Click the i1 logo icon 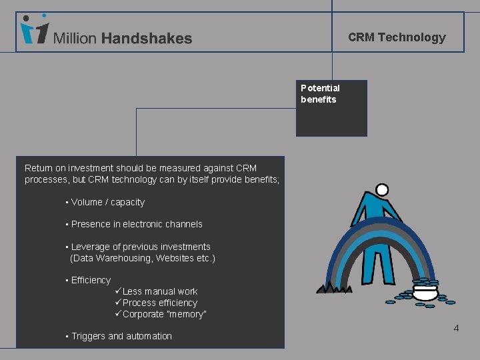tap(35, 30)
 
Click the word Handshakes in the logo tap(147, 39)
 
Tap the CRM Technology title tap(397, 37)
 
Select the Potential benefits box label tap(320, 94)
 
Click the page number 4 tap(456, 328)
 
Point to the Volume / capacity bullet tap(107, 202)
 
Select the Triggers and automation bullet tap(121, 336)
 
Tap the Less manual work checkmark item tap(159, 291)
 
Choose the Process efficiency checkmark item tap(159, 303)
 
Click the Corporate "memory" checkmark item tap(164, 314)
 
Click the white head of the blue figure tap(382, 190)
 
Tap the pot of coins tap(424, 291)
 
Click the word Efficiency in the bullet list tap(91, 280)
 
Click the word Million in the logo tap(75, 39)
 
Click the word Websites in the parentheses tap(176, 258)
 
